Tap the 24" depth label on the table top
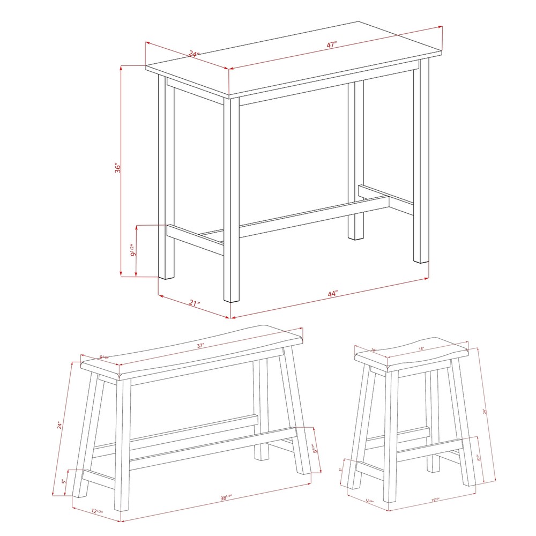click(x=193, y=54)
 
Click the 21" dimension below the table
click(x=194, y=304)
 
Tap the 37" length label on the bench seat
click(x=201, y=346)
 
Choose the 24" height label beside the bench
click(x=61, y=426)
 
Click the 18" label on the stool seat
click(x=422, y=349)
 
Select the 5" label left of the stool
click(x=340, y=470)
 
